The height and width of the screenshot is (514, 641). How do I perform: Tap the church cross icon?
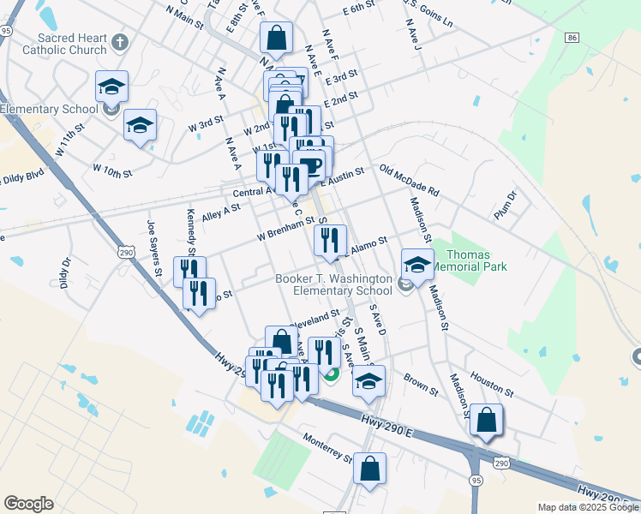(121, 41)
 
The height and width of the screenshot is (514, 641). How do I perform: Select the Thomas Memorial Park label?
(467, 260)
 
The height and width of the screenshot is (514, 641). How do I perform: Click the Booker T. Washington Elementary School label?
(333, 285)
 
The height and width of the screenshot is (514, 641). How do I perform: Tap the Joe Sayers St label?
(154, 248)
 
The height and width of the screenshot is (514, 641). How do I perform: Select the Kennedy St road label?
(190, 230)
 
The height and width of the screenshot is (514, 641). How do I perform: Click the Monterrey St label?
(327, 448)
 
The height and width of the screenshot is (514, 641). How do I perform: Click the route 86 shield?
(572, 38)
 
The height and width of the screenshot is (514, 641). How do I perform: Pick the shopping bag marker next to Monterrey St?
(369, 469)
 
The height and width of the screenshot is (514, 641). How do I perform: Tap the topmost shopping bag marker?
(277, 37)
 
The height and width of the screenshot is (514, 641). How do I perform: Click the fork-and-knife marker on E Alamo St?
(330, 241)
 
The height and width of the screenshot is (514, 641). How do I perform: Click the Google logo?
(28, 504)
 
